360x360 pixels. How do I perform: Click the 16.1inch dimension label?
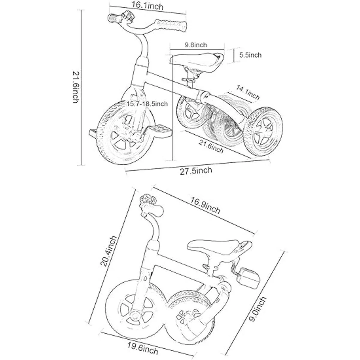[x=147, y=6]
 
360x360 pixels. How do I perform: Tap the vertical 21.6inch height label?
[x=76, y=87]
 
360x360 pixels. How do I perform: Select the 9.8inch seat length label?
[x=196, y=45]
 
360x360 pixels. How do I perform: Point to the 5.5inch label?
[x=250, y=55]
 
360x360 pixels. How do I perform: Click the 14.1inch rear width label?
[x=248, y=92]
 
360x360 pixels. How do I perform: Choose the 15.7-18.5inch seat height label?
[x=147, y=104]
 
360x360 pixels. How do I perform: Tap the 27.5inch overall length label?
[x=196, y=171]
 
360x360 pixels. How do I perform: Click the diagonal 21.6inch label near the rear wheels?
[x=211, y=147]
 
